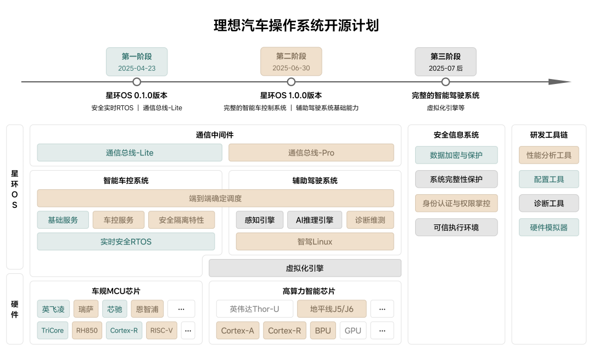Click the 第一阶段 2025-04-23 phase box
137,62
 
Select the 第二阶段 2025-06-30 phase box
291,62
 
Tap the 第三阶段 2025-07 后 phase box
445,62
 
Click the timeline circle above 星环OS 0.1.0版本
137,82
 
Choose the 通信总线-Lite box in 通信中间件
130,153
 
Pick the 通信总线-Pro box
311,153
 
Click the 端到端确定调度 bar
215,198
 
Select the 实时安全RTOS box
126,241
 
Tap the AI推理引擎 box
315,220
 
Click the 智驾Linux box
315,241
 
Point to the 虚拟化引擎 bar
305,268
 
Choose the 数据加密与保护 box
456,155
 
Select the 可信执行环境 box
456,227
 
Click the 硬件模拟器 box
549,227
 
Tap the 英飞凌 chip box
53,309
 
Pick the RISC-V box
161,330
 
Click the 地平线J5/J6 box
332,309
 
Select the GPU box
353,330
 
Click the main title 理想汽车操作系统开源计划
296,25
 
